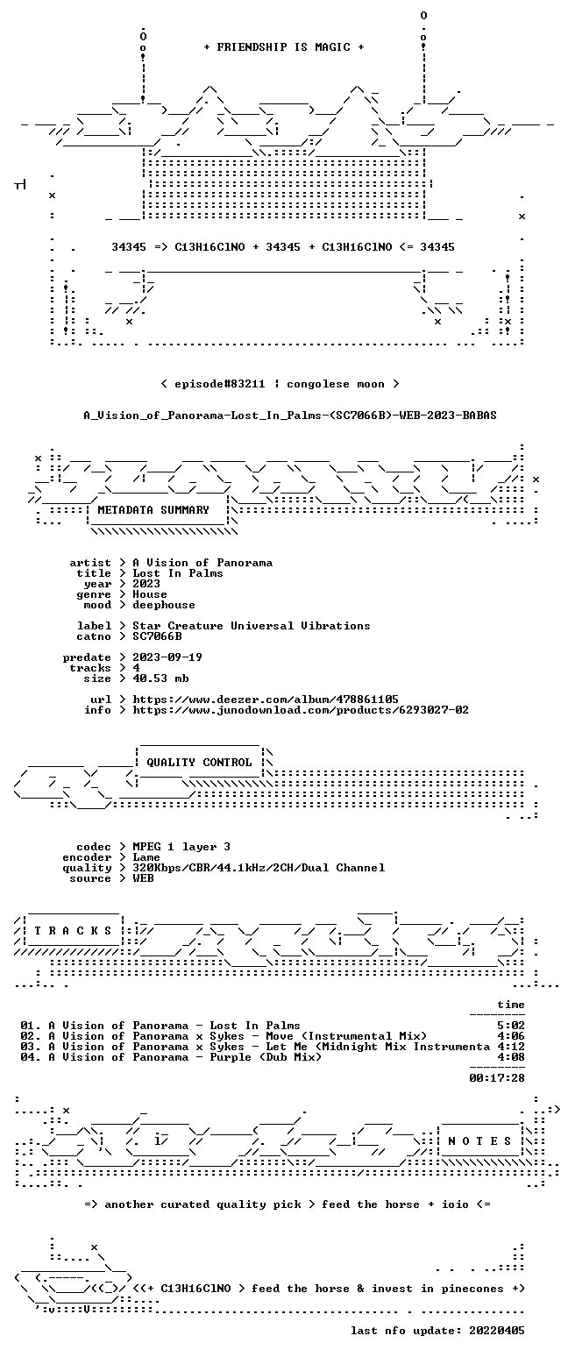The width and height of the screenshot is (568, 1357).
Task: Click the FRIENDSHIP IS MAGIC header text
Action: (x=283, y=47)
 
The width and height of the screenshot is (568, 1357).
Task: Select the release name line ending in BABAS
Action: (x=290, y=416)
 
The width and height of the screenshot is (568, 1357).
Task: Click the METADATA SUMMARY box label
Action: (x=153, y=510)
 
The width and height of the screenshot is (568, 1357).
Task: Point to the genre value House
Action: (x=150, y=594)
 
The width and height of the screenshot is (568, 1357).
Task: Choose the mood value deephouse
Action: (x=164, y=605)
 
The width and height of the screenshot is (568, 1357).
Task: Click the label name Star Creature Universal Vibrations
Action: (x=252, y=626)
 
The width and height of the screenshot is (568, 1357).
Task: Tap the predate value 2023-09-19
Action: (x=167, y=657)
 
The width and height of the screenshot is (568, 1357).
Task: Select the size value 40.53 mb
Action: (x=160, y=678)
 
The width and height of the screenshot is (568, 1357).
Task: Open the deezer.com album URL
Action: (x=266, y=700)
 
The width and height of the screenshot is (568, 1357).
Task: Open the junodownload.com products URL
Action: (x=301, y=710)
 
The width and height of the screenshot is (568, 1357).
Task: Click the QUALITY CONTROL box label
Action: (x=199, y=763)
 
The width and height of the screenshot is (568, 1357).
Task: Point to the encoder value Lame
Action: (x=146, y=858)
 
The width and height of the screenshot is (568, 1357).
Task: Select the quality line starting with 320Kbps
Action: (x=259, y=868)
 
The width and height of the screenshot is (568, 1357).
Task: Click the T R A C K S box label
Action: (x=74, y=931)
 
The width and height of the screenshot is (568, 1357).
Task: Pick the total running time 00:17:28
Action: (x=496, y=1078)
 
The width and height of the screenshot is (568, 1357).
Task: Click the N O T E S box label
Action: (x=479, y=1141)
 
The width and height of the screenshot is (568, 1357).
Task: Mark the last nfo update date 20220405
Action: (x=496, y=1331)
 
